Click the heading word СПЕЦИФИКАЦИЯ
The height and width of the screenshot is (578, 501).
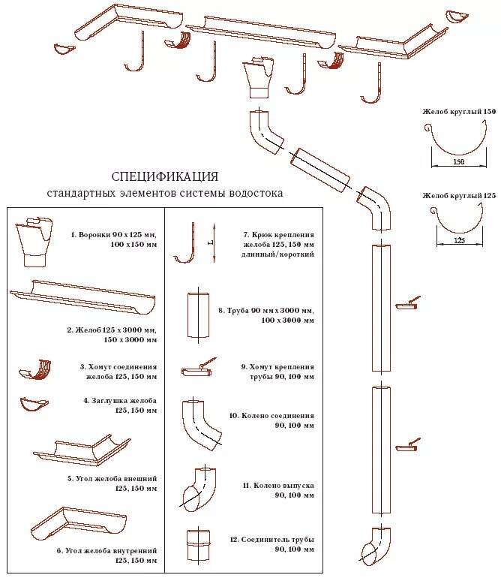(165, 177)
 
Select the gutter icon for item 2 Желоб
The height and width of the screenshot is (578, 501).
(82, 297)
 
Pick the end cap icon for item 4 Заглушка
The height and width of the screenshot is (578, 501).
(34, 404)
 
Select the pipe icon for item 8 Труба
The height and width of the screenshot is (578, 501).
(197, 315)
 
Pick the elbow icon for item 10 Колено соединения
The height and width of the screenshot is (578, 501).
(201, 424)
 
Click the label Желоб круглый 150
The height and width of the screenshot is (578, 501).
(459, 111)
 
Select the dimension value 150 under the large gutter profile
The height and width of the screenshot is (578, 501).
(458, 161)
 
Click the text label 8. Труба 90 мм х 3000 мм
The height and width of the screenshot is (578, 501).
(266, 310)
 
